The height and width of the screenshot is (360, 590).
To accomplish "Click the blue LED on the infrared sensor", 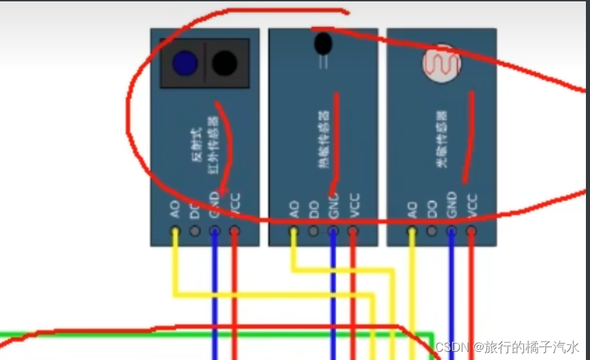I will pyautogui.click(x=185, y=63).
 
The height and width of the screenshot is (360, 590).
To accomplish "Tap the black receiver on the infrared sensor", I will pyautogui.click(x=224, y=63).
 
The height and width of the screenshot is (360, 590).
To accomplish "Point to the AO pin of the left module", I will pyautogui.click(x=175, y=231).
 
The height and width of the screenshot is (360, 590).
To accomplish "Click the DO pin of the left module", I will pyautogui.click(x=195, y=231).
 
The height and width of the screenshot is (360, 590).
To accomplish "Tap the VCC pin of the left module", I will pyautogui.click(x=235, y=231).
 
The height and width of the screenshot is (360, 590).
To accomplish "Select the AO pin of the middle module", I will pyautogui.click(x=294, y=231).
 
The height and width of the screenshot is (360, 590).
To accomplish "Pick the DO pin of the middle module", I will pyautogui.click(x=314, y=231).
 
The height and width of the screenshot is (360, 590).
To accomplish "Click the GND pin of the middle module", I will pyautogui.click(x=333, y=231).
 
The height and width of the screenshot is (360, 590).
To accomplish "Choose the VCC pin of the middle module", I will pyautogui.click(x=353, y=231).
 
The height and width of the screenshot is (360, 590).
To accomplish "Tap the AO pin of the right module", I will pyautogui.click(x=412, y=231).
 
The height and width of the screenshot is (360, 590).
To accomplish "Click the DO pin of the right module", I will pyautogui.click(x=432, y=231).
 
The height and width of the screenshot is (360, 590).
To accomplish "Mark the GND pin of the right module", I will pyautogui.click(x=451, y=231).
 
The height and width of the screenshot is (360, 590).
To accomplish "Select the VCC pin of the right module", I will pyautogui.click(x=471, y=231).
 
